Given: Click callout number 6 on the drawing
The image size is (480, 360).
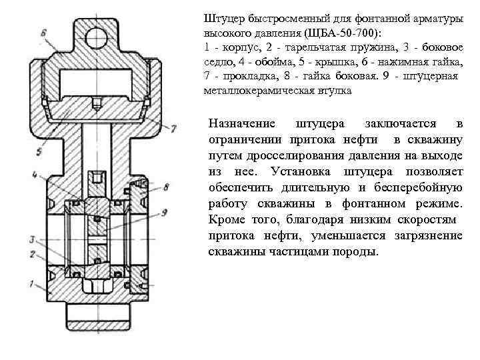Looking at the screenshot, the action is click(x=43, y=32).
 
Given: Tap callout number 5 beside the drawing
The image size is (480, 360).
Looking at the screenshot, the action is click(x=40, y=152).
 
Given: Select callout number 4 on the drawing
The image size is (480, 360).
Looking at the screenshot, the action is click(x=33, y=175).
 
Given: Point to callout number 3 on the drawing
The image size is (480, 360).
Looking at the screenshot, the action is click(x=31, y=238).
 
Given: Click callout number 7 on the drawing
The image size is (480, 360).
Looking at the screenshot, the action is click(x=173, y=126).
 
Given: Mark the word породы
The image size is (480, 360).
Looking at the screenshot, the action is click(x=357, y=252).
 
